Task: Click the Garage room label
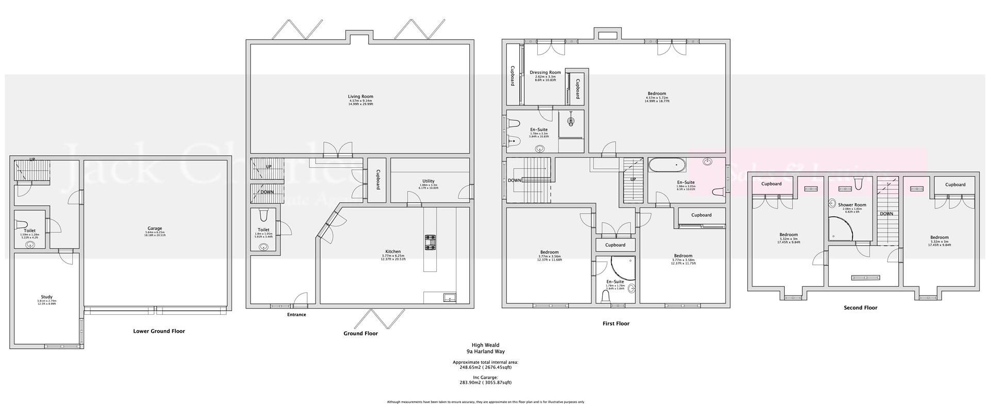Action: point(155,228)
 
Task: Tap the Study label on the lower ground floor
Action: point(47,297)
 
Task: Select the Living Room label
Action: point(360,96)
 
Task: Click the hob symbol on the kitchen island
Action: point(430,243)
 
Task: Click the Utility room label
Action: point(428,181)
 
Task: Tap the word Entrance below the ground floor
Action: point(296,315)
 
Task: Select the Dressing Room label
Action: point(545,73)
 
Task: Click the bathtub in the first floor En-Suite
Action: point(667,166)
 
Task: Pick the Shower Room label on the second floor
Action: point(852,205)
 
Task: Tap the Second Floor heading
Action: point(860,308)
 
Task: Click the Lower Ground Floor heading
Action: point(159,331)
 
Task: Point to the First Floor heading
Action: point(616,324)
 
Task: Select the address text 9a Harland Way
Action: point(485,352)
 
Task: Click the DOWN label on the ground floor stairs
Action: point(267,192)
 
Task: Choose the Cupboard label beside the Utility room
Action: point(378,180)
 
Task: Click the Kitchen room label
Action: point(393,252)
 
